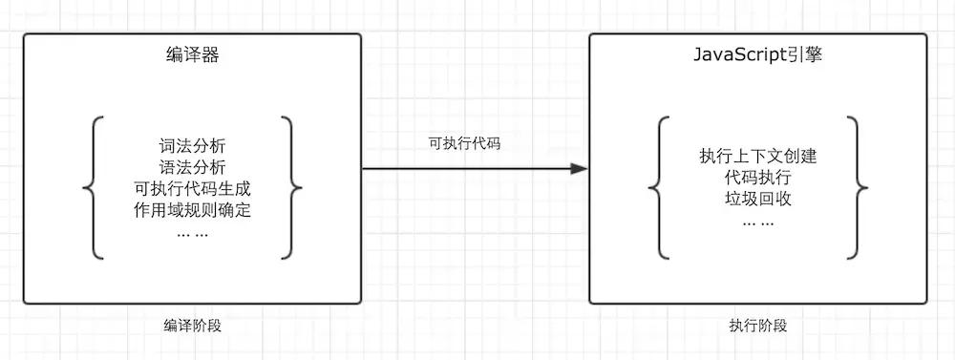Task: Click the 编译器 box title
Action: pos(193,55)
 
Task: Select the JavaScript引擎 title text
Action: pos(758,55)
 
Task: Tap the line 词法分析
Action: pos(193,147)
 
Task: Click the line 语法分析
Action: pos(193,167)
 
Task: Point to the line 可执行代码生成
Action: pos(193,188)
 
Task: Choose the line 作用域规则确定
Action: pos(193,209)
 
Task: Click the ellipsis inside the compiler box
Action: pos(193,232)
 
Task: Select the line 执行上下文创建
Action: pos(758,158)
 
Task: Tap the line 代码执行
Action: pos(758,179)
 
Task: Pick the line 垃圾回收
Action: pos(758,200)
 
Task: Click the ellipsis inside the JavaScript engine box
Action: pos(758,222)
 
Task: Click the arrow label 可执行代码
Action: pos(464,144)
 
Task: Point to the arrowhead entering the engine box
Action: pos(579,169)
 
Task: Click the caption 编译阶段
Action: pos(193,326)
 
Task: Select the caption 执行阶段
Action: pos(758,326)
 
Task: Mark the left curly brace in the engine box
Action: pos(657,187)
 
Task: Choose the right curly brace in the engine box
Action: pos(858,187)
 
